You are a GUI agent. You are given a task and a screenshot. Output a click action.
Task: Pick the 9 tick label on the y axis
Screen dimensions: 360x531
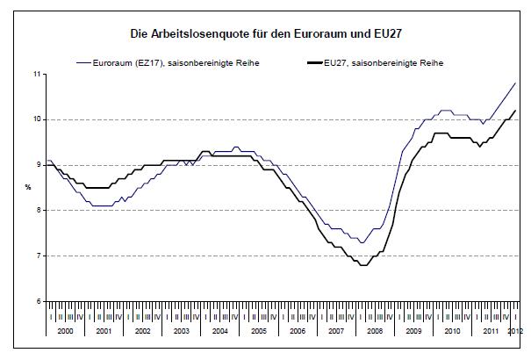coord(39,165)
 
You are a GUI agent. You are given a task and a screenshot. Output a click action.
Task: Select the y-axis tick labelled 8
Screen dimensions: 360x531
coord(39,210)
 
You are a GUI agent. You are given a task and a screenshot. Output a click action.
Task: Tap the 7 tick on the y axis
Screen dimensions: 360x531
coord(39,256)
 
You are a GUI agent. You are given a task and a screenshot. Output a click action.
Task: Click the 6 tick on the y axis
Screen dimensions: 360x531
coord(39,301)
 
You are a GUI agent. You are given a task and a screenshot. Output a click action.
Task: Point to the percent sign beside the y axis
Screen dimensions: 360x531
coord(28,187)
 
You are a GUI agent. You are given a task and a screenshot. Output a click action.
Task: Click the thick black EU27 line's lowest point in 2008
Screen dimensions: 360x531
coord(362,264)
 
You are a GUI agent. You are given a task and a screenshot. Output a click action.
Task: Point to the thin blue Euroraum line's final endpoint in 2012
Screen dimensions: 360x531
coord(514,83)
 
